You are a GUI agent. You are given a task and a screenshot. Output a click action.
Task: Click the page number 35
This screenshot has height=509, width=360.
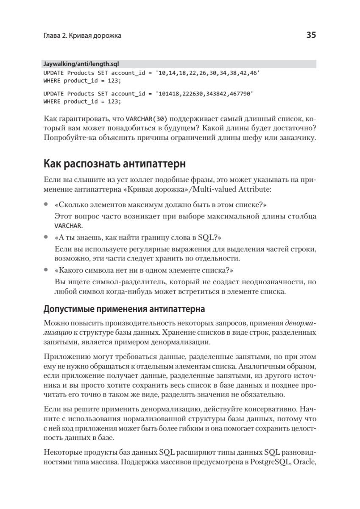pos(311,36)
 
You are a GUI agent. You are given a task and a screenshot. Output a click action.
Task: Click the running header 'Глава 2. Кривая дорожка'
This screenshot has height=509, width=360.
pos(82,36)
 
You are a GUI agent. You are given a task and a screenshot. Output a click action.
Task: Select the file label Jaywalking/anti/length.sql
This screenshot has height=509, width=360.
pos(81,64)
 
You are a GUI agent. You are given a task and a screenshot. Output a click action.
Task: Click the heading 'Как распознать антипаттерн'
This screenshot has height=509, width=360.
pos(114,164)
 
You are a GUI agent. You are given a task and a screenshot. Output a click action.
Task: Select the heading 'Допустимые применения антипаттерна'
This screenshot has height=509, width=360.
pos(124,308)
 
